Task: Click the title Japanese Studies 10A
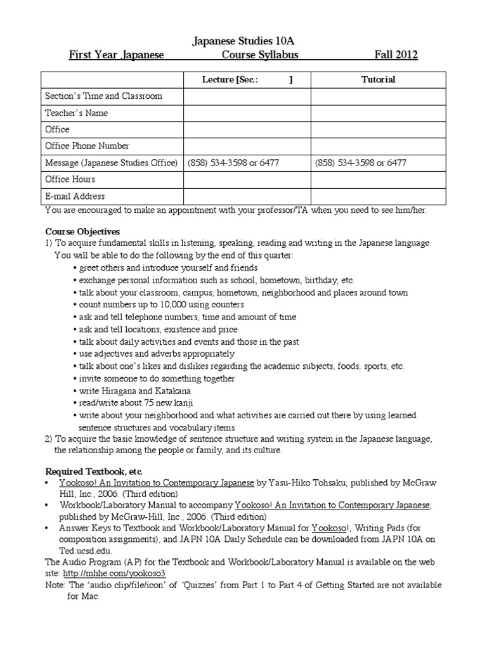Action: tap(243, 41)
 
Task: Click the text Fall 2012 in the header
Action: tap(395, 55)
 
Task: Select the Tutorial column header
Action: tap(378, 79)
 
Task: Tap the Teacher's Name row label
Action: tap(76, 113)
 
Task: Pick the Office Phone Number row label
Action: tap(87, 146)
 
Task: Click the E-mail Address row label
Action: tap(75, 196)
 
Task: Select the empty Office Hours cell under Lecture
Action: tap(247, 179)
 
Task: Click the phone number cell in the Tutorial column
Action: tap(360, 163)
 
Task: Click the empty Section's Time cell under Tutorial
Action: tap(378, 96)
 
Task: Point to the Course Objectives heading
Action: tap(82, 231)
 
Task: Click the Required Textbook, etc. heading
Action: tap(94, 472)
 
